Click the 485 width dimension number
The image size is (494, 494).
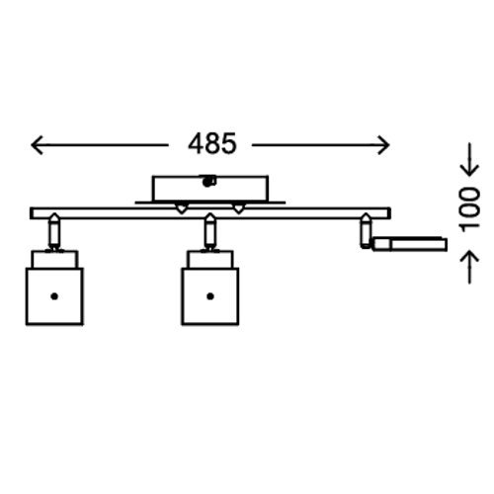click(x=212, y=144)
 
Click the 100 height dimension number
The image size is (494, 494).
click(x=469, y=209)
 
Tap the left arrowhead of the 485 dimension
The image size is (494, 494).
click(x=37, y=145)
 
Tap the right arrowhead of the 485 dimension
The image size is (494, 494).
click(x=383, y=145)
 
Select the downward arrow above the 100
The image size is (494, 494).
click(x=469, y=159)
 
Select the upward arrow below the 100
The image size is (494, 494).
click(x=469, y=267)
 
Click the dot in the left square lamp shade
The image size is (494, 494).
click(x=54, y=296)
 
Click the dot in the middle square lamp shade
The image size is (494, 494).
click(x=210, y=296)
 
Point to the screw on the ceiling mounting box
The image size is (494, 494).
click(x=208, y=181)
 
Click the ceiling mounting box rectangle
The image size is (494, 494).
click(x=210, y=188)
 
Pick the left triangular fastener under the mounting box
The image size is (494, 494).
click(x=182, y=208)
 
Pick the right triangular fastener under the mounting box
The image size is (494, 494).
click(x=239, y=208)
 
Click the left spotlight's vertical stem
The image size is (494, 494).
click(x=54, y=232)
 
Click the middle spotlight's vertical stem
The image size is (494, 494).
click(x=210, y=232)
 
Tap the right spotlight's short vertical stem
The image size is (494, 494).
click(x=366, y=230)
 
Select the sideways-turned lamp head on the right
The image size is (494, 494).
click(x=410, y=244)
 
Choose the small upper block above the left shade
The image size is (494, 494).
click(x=55, y=260)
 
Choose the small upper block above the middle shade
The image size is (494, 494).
click(x=210, y=260)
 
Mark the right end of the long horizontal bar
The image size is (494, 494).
click(x=390, y=213)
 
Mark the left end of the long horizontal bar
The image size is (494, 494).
click(x=31, y=213)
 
